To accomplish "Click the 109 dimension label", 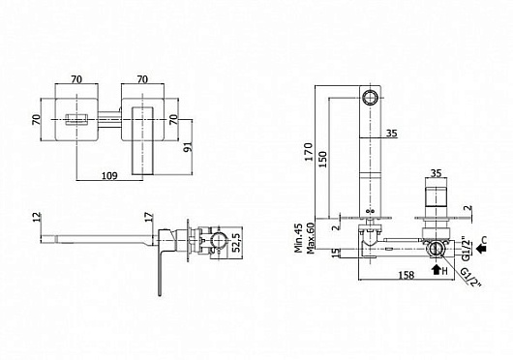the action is click(109, 176).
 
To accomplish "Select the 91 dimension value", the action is click(188, 147).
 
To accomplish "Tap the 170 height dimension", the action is click(308, 152).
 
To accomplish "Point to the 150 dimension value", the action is click(322, 160).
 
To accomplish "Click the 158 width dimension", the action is click(407, 275).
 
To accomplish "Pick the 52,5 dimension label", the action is click(236, 242).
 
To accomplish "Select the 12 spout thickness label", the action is click(37, 217).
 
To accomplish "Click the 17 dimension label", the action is click(148, 217).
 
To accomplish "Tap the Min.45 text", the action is click(298, 238).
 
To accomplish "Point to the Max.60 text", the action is click(310, 238).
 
